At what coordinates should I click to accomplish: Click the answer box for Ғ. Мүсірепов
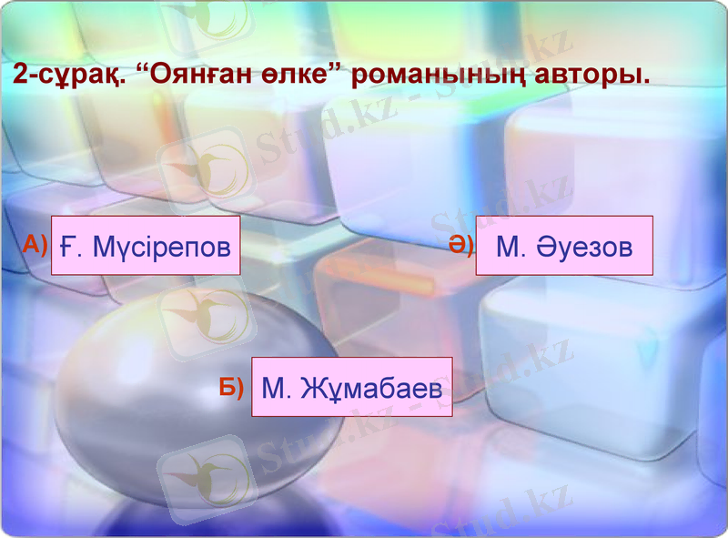tap(146, 246)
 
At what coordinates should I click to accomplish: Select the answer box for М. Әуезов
tap(564, 246)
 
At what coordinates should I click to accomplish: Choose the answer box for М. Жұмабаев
tap(351, 388)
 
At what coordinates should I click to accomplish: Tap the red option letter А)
tap(35, 243)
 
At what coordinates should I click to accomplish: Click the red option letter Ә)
tap(460, 244)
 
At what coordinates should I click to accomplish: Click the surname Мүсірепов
tap(162, 247)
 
